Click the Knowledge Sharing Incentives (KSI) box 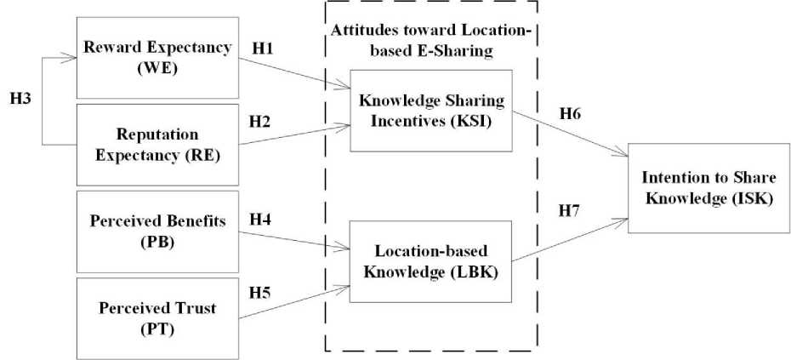[431, 110]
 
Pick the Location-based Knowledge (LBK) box [431, 260]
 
